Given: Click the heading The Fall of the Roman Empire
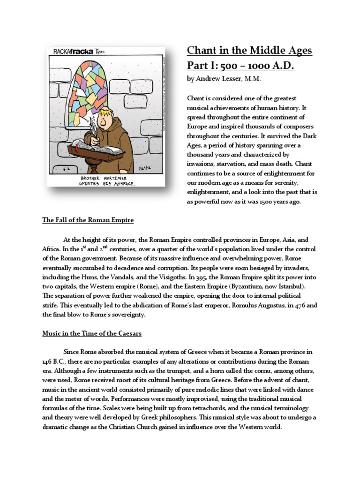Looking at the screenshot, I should (x=88, y=220).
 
